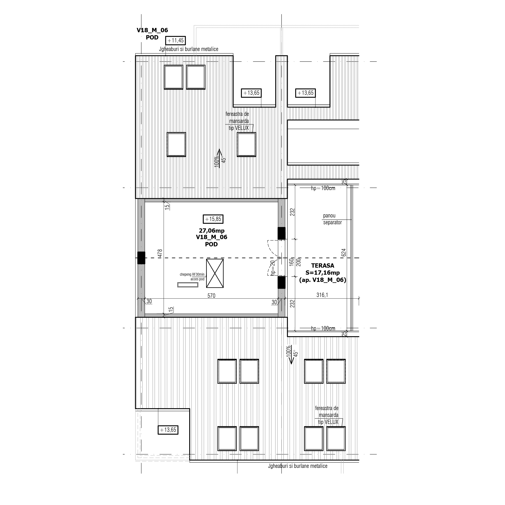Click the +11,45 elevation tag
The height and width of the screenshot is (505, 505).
tap(176, 40)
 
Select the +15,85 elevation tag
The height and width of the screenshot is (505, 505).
tap(213, 219)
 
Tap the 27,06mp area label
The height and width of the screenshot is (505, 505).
tap(211, 231)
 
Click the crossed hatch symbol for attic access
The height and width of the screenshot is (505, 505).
tap(215, 274)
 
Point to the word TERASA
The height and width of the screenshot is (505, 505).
tap(323, 265)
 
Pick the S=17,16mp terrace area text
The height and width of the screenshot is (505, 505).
tap(323, 273)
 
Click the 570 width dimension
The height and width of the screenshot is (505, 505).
tap(211, 296)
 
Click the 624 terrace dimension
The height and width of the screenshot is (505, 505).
tap(344, 252)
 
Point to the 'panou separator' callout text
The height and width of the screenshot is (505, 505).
tap(332, 219)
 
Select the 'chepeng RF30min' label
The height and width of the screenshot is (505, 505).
tap(192, 274)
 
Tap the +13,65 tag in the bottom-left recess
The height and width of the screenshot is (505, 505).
tap(168, 430)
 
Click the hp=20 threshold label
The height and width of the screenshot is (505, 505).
tap(273, 268)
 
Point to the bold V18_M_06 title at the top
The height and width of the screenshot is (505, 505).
tap(152, 30)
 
